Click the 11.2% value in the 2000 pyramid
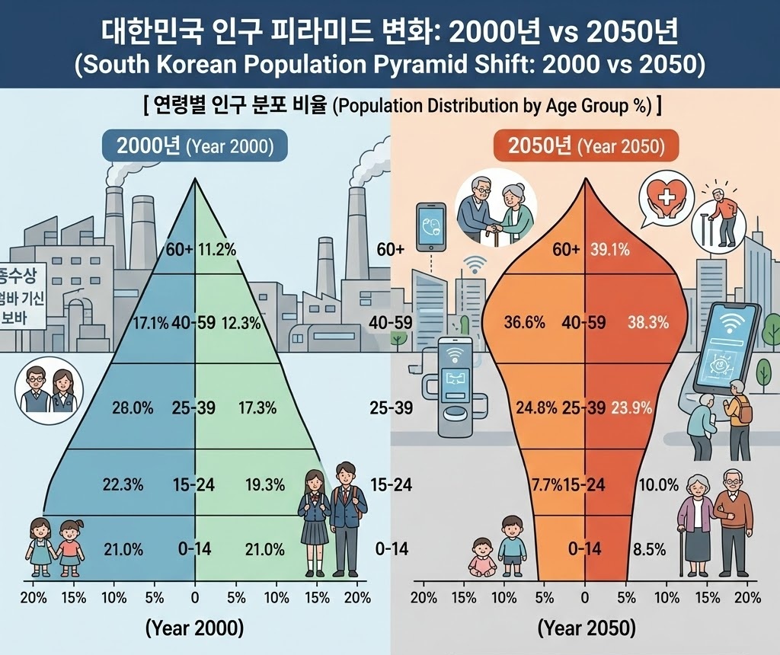[217, 249]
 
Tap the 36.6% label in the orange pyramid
[525, 322]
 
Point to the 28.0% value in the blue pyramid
[133, 407]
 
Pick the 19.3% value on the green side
[266, 484]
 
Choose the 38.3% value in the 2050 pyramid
[647, 322]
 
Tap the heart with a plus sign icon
[666, 196]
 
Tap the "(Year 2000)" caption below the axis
[194, 628]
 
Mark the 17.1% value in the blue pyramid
[149, 322]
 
